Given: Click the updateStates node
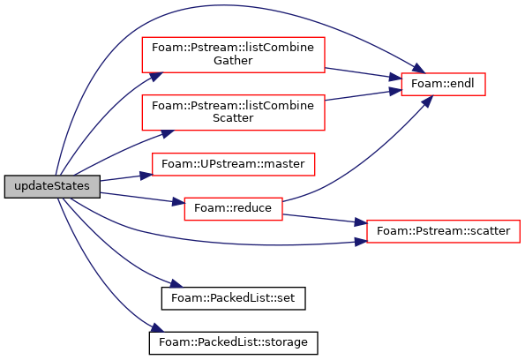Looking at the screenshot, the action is pyautogui.click(x=52, y=186).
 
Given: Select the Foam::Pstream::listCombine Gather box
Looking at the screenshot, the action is pyautogui.click(x=233, y=55).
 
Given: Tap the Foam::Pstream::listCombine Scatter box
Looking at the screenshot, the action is pyautogui.click(x=233, y=112).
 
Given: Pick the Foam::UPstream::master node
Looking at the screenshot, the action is pyautogui.click(x=233, y=164).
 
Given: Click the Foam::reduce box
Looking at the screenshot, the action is pyautogui.click(x=233, y=208).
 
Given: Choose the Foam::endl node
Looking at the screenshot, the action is pyautogui.click(x=443, y=84).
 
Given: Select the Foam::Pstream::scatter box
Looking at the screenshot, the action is pyautogui.click(x=443, y=231).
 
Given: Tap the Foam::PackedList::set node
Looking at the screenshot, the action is pyautogui.click(x=233, y=298).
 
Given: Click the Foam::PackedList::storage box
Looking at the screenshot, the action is pyautogui.click(x=233, y=342).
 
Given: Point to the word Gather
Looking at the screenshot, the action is pyautogui.click(x=233, y=61).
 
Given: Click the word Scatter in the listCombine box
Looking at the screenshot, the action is pyautogui.click(x=233, y=118).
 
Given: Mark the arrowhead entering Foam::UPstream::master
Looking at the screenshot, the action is pyautogui.click(x=146, y=176).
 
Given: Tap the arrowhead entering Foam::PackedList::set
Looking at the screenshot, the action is pyautogui.click(x=176, y=283).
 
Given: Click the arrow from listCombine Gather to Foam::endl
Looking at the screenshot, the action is pyautogui.click(x=363, y=73).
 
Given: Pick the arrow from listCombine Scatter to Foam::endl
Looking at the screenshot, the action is pyautogui.click(x=363, y=94).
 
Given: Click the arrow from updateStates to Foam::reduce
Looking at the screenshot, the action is pyautogui.click(x=142, y=198).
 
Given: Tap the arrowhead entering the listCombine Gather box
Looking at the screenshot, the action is pyautogui.click(x=156, y=77).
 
